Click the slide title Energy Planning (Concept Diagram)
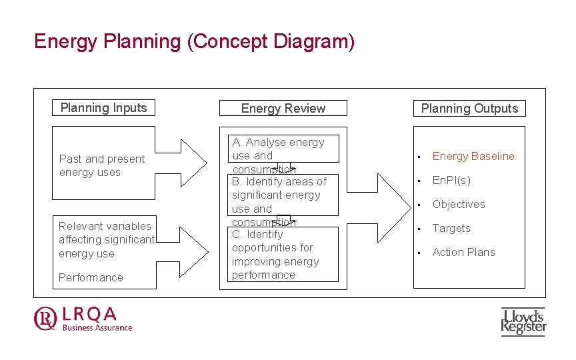tap(194, 42)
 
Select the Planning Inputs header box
tap(103, 108)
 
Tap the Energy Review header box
tap(283, 109)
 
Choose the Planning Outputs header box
tap(469, 109)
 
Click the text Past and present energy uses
tap(101, 165)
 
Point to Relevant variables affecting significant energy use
tap(106, 240)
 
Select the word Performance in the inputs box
tap(91, 277)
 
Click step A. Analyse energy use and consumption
tap(278, 155)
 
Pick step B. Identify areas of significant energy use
tap(279, 195)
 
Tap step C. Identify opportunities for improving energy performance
tap(275, 254)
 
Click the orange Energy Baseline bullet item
tap(473, 156)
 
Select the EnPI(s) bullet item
tap(451, 180)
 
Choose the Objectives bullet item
tap(459, 204)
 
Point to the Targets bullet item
tap(451, 228)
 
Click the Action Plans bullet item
tap(463, 252)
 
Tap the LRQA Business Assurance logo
tap(83, 318)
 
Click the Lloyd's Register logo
tap(523, 321)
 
